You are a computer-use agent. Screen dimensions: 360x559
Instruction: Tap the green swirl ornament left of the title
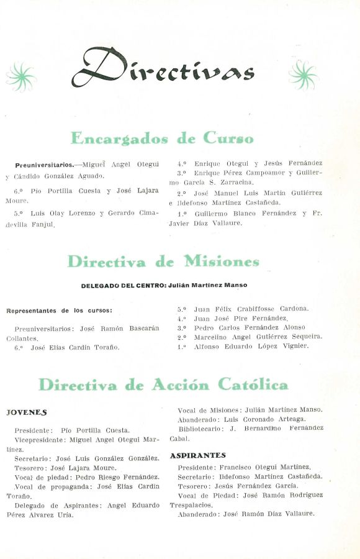21,76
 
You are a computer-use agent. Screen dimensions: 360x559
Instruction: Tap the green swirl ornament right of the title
304,75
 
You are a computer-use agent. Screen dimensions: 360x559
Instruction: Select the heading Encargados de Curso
162,138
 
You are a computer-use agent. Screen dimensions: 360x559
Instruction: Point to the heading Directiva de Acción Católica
163,385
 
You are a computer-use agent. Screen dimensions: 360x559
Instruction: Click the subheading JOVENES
26,412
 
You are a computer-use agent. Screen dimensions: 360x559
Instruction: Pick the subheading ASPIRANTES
197,455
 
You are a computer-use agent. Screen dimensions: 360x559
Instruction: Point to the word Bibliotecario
200,429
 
